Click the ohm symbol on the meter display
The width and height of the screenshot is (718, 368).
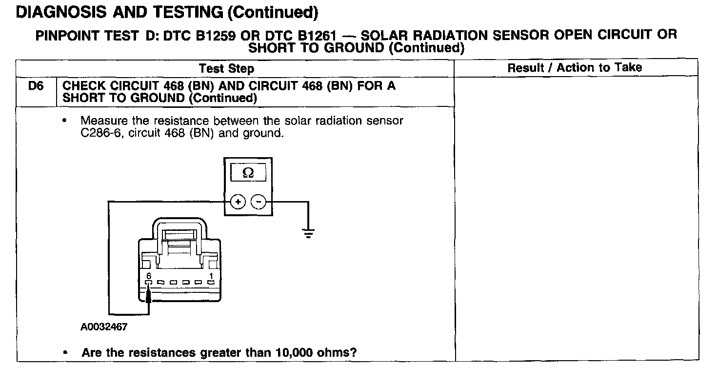[x=248, y=173]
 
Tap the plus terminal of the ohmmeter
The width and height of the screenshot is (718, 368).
[x=238, y=201]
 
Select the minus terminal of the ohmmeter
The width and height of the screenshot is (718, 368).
[x=259, y=201]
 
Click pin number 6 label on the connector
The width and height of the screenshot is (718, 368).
[x=149, y=276]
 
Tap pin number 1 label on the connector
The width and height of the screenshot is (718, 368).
[x=211, y=276]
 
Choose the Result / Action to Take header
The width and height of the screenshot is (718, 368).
[x=575, y=68]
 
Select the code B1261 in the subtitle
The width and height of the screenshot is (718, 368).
[x=312, y=36]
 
